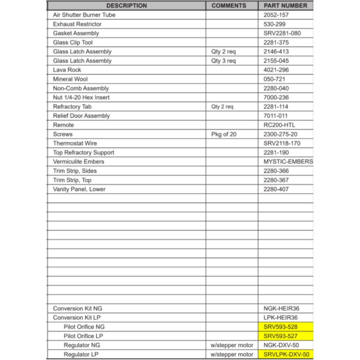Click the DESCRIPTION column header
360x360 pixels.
[126, 6]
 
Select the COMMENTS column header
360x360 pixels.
[229, 6]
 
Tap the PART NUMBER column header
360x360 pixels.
[285, 6]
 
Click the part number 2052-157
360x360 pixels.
[276, 15]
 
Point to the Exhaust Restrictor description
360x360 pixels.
[77, 24]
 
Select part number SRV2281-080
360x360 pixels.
[282, 33]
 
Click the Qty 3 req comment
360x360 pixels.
[224, 61]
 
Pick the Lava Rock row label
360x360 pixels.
[67, 70]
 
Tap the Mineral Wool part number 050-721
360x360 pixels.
[274, 79]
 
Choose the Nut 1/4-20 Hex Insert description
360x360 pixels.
[81, 98]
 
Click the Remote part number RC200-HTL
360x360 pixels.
[279, 125]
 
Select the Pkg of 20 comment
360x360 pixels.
[224, 134]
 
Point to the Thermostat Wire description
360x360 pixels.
[75, 143]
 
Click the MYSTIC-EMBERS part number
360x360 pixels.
[288, 162]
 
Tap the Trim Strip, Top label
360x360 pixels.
[72, 180]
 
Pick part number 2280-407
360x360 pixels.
[276, 189]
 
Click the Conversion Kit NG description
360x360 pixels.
[77, 309]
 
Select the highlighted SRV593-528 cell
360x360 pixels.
[281, 327]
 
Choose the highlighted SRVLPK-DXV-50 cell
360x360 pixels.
[286, 355]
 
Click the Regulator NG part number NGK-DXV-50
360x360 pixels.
[281, 345]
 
